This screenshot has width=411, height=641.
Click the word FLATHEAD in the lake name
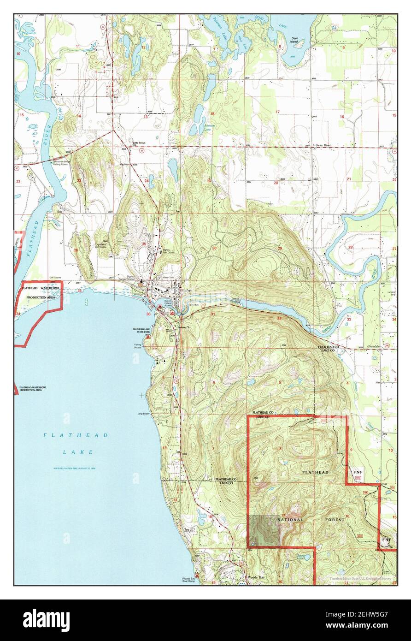tap(76, 435)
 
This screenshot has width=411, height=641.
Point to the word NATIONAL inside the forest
tap(290, 520)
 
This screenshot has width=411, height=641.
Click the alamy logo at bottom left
tap(46, 619)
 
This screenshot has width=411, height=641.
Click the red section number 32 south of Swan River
tap(279, 319)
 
